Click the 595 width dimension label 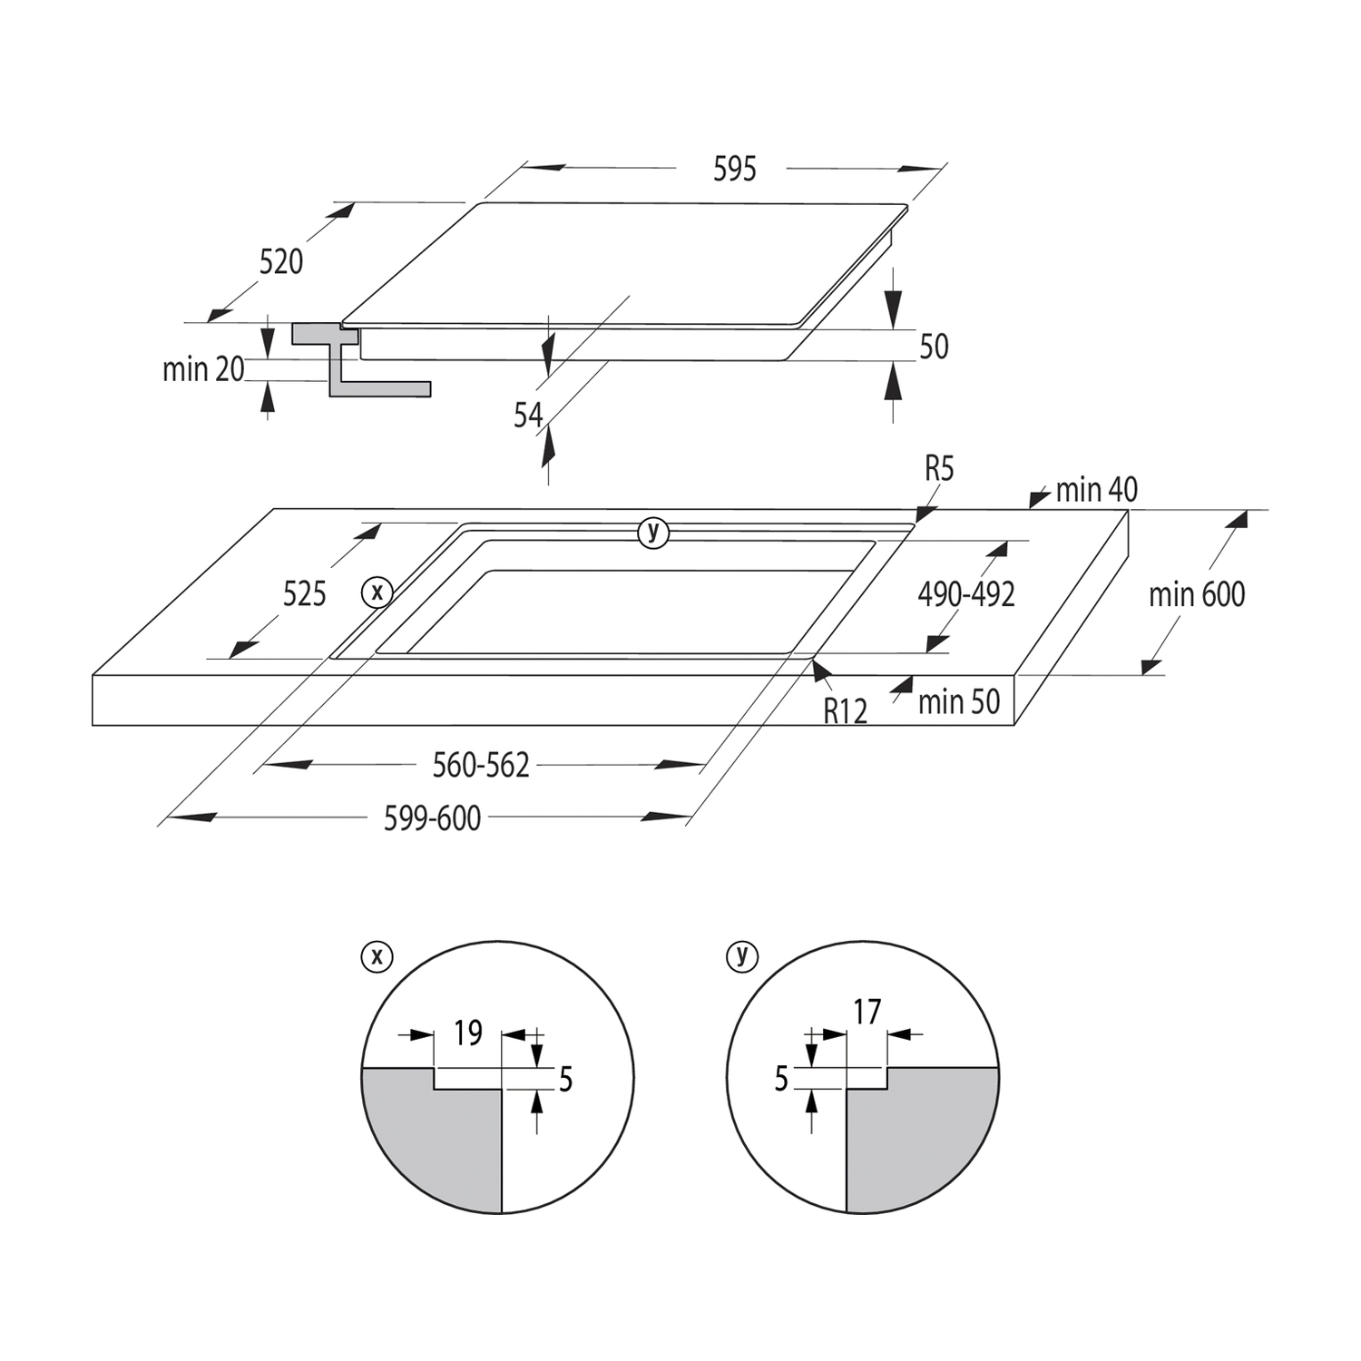[734, 169]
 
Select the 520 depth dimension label [281, 262]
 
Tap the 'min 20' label [203, 369]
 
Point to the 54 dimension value [528, 416]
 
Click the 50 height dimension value [934, 347]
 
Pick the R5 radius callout [939, 469]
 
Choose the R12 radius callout [846, 711]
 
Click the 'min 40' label [1096, 490]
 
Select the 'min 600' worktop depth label [1197, 595]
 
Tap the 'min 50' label [959, 701]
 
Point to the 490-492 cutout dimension [966, 594]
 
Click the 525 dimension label [304, 594]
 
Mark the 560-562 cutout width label [481, 766]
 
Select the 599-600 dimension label [432, 818]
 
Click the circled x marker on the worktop [377, 592]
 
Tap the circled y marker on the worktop [653, 532]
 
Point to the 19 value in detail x [468, 1033]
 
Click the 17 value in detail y [867, 1012]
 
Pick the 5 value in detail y [781, 1080]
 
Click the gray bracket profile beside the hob [361, 359]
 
